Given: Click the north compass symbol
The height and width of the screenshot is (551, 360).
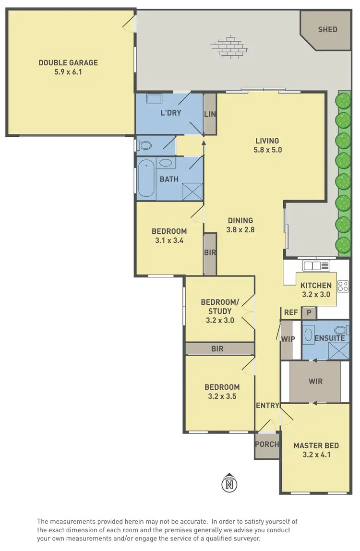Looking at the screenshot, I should point(230,484).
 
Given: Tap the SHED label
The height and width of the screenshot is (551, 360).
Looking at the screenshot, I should point(327,29).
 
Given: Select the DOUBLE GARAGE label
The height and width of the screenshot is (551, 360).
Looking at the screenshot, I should point(68,62).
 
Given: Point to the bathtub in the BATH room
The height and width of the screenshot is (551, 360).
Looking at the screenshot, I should point(146,180).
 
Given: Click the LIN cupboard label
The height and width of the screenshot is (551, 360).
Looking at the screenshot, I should point(210,114).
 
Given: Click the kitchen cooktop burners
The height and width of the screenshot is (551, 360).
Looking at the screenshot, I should point(343,286).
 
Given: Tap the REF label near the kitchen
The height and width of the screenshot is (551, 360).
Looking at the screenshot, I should point(291,312).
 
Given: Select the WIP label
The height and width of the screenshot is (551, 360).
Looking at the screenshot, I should point(288,339).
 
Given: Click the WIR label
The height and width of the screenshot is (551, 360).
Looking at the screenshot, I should point(315,382).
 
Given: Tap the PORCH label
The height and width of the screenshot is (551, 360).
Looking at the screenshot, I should point(266,444).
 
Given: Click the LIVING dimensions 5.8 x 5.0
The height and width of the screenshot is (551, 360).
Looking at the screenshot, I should point(267,149).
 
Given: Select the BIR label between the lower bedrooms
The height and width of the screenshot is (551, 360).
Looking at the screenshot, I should point(217,349).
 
